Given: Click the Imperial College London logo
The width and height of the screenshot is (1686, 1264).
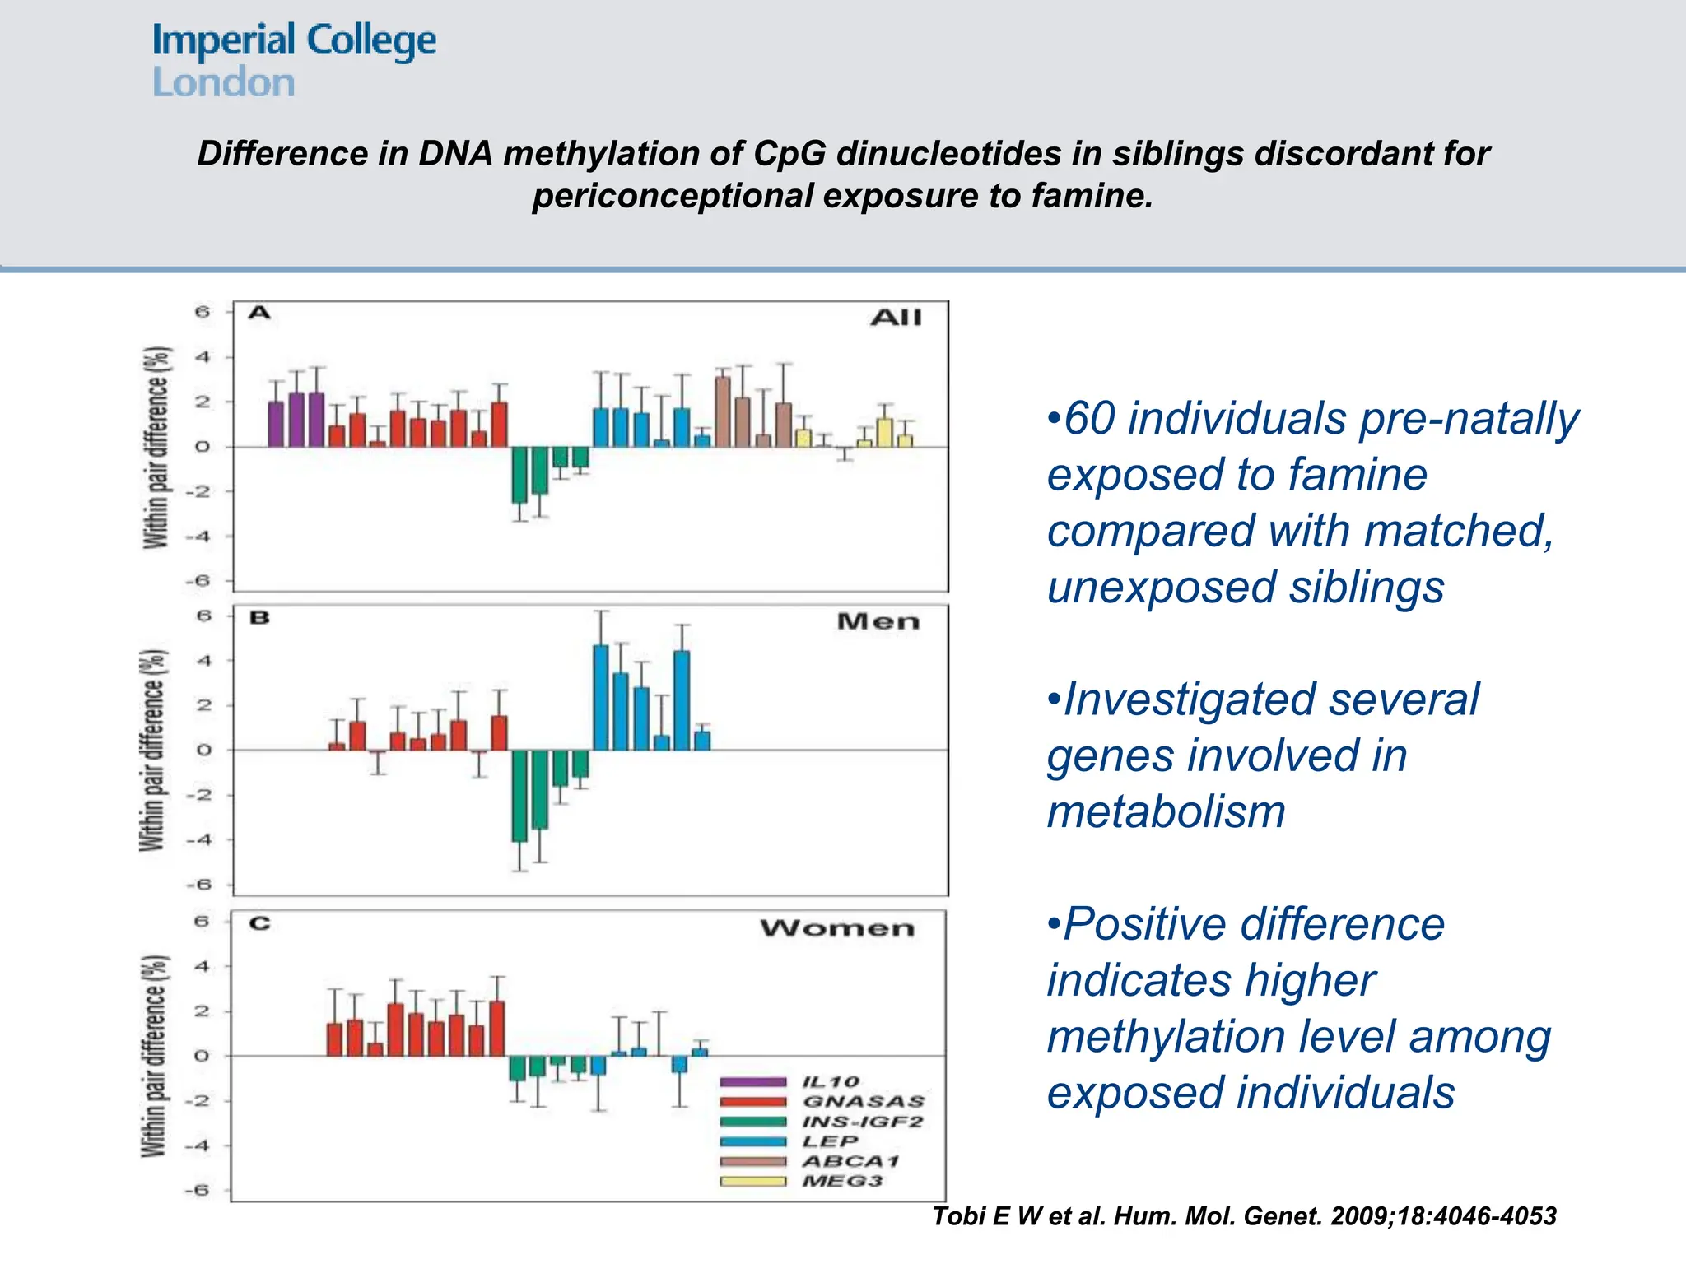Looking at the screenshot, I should coord(293,61).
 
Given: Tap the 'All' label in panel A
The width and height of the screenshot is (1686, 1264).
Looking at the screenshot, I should coord(896,318).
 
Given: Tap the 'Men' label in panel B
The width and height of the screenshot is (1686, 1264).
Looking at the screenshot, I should coord(878,621).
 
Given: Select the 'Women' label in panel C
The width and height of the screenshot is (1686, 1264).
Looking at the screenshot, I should coord(836,928).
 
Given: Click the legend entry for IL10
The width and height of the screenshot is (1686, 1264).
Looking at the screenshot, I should coord(830,1081).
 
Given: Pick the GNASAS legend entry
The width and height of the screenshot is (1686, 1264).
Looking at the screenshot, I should coord(863,1101).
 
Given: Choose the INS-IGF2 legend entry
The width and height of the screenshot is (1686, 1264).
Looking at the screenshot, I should coord(862,1122).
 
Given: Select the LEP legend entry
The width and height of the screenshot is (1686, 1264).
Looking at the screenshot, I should coord(830,1141).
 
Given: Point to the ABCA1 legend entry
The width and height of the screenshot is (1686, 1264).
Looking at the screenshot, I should coord(850,1161).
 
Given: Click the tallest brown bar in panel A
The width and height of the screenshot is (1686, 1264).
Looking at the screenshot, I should coord(723,411).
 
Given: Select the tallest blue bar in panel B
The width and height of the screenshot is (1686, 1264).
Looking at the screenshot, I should coord(601,697).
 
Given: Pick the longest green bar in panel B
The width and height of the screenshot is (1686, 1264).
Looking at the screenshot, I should coord(519,795).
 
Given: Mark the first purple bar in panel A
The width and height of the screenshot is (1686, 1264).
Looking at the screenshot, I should coord(276,425).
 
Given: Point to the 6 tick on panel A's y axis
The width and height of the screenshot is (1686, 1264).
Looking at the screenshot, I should coord(203,312).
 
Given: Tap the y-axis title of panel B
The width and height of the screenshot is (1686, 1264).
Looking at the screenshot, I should coord(154,750).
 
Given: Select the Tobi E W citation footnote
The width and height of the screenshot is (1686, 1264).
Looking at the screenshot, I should coord(1243,1216).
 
